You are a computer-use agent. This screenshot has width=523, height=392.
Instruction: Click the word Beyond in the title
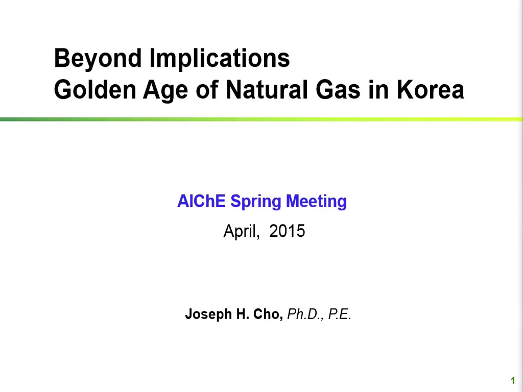[98, 59]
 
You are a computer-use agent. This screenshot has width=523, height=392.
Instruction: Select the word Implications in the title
[220, 59]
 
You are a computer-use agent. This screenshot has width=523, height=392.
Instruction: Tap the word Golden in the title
[95, 90]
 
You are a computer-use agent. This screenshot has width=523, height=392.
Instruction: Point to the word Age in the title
[165, 91]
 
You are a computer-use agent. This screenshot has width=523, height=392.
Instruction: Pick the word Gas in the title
[338, 90]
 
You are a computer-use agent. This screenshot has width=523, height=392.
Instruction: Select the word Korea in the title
[430, 90]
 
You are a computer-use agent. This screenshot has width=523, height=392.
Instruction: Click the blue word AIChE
[201, 201]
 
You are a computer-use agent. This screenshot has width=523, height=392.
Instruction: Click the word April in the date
[242, 231]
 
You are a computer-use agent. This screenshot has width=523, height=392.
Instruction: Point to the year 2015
[287, 231]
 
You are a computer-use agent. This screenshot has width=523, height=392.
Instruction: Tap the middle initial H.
[243, 314]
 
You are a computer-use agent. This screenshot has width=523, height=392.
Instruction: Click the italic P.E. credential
[340, 314]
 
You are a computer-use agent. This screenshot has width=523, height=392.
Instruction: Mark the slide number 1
[513, 381]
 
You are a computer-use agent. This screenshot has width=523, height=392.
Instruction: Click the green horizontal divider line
[261, 119]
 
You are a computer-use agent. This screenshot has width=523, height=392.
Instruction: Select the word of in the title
[207, 90]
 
